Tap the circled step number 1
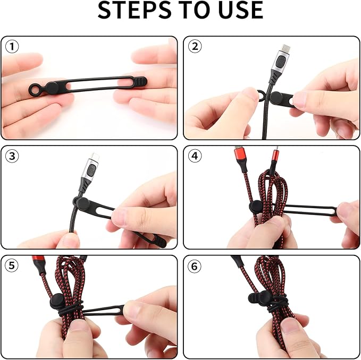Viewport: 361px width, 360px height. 12,47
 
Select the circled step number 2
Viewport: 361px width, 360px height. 195,47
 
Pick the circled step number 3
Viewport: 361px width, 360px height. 12,157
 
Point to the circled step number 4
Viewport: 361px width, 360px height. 195,157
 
